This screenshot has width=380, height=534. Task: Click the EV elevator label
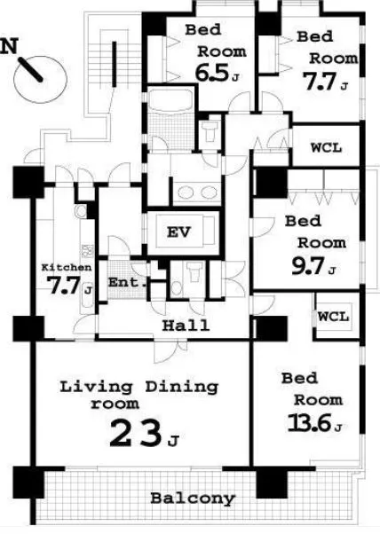pos(178,232)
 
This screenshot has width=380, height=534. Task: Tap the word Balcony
pos(193,499)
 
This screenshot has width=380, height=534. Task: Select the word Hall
pos(186,326)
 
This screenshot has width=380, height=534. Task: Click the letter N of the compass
pos(9,46)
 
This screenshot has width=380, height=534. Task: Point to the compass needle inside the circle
pos(30,69)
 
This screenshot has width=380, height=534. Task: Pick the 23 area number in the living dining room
pos(135,433)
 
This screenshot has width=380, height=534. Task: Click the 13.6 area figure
pos(310,423)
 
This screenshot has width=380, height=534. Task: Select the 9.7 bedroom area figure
pos(307,265)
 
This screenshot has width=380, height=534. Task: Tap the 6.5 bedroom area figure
pos(211,73)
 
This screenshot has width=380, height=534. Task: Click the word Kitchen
pos(67,267)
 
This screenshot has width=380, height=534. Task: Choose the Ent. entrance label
pos(127,282)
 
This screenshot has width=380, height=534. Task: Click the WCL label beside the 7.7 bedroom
pos(326,148)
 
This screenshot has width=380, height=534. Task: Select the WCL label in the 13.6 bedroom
pos(333,317)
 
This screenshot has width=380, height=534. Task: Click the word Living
pos(96,388)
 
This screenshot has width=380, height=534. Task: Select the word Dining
pos(182,388)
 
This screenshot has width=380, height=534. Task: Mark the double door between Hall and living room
pos(170,350)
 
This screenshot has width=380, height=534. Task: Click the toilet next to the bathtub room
pos(210,130)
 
